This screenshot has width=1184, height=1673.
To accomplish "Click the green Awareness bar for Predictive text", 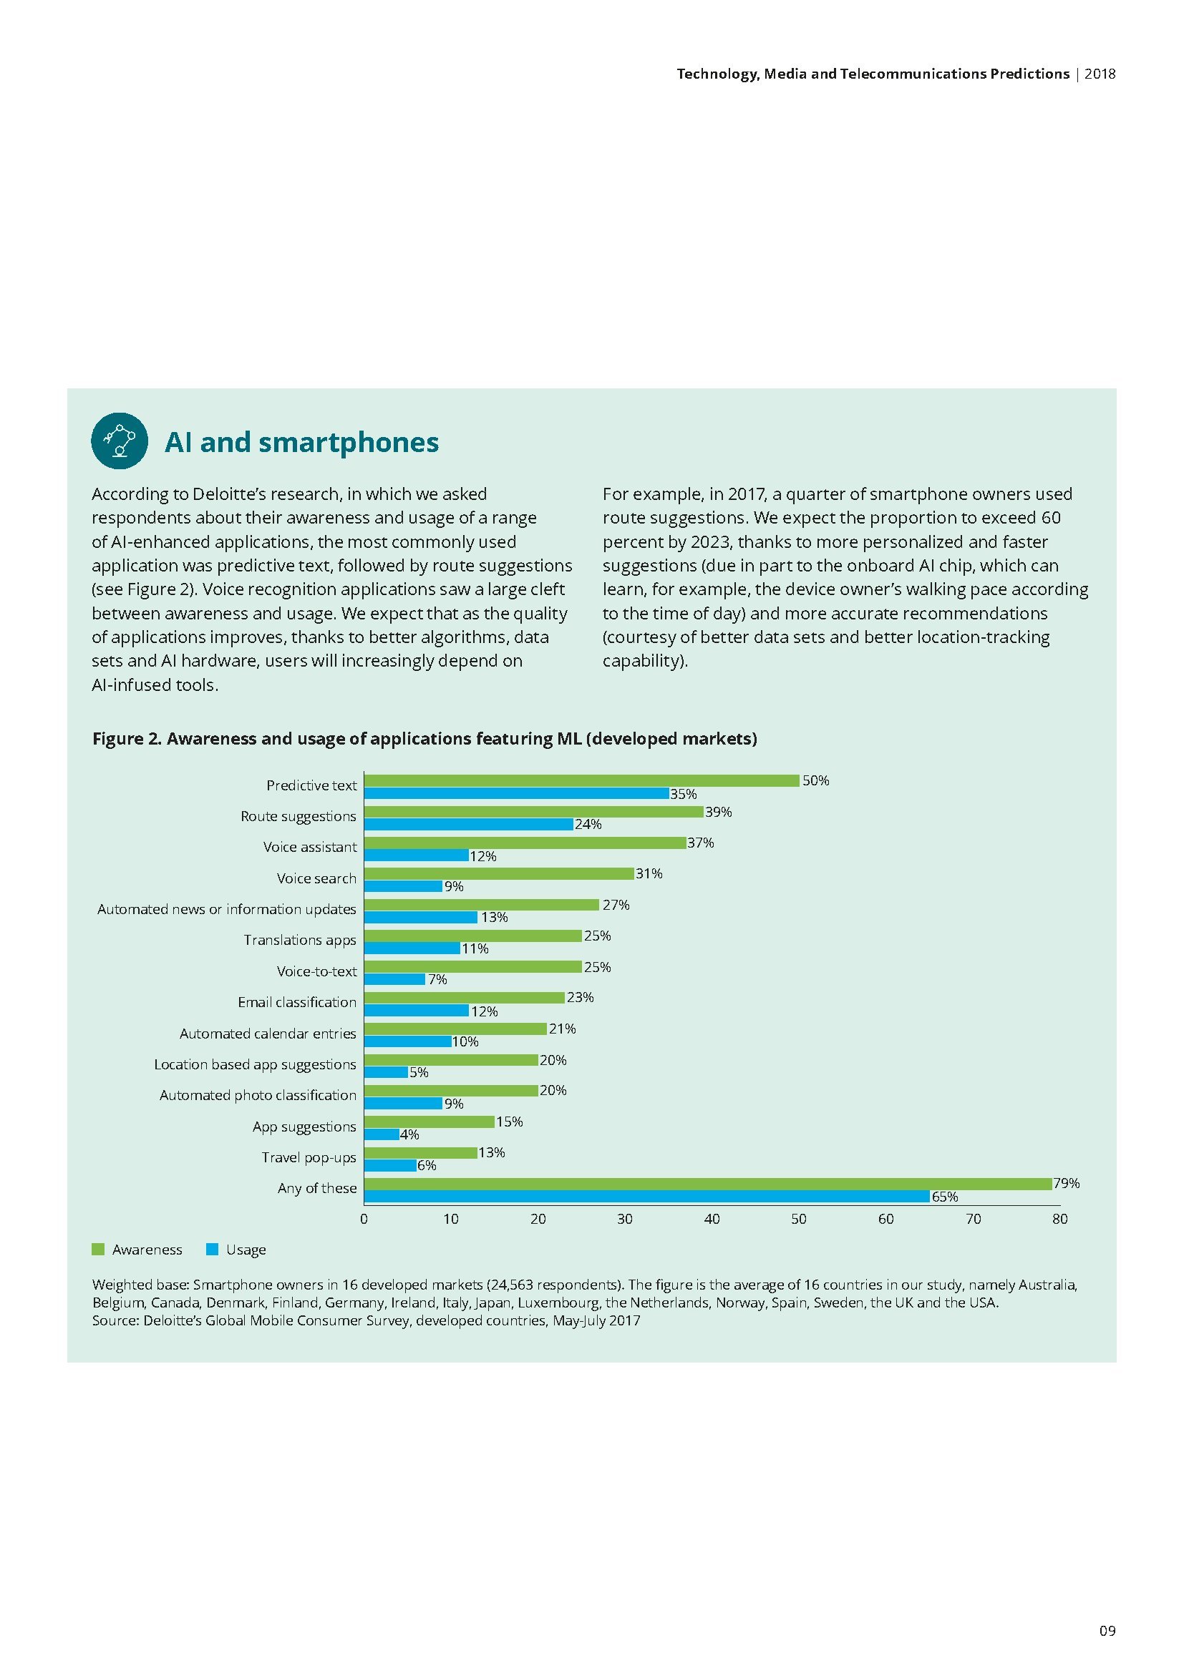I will [x=581, y=780].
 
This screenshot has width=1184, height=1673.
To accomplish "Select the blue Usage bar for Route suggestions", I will [x=468, y=824].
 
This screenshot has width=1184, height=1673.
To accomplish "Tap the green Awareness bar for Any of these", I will [x=707, y=1184].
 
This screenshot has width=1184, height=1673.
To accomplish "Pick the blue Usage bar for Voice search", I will [x=403, y=886].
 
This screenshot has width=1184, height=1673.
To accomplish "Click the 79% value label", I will [x=1066, y=1183].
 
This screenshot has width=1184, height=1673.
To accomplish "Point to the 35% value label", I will [x=683, y=794].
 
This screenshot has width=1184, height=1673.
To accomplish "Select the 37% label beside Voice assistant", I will [x=701, y=843].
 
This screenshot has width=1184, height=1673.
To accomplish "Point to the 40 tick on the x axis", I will [x=712, y=1219].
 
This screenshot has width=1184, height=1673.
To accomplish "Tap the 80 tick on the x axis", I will [x=1059, y=1219].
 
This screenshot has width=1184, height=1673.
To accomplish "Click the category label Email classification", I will [x=297, y=1003].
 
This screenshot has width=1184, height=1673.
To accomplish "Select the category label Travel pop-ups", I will [x=309, y=1158].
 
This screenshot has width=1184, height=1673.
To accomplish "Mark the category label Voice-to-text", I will [x=316, y=971].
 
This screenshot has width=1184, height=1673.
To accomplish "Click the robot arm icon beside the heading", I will [x=120, y=441].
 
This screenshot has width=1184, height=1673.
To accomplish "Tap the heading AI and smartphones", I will [x=302, y=442].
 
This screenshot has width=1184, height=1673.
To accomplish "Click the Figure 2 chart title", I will [x=424, y=739].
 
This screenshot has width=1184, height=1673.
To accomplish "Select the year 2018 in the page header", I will [x=1100, y=74].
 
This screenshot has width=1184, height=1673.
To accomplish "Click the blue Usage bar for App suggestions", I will [x=382, y=1134].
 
